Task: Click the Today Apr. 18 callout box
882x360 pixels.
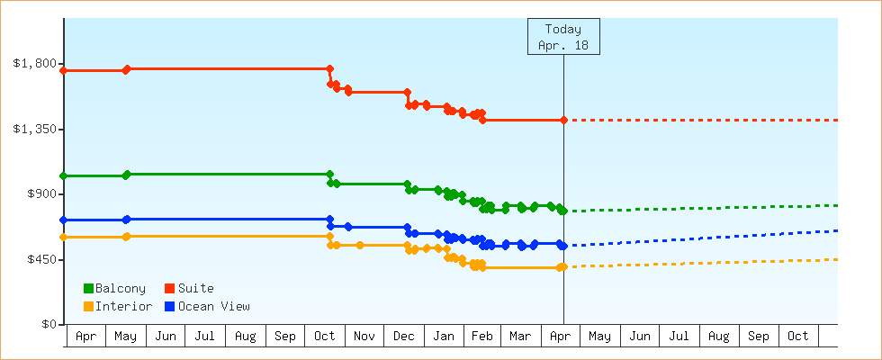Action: click(x=563, y=37)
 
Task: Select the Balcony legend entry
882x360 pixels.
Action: click(x=114, y=288)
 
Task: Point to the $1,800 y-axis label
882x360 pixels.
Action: click(x=35, y=64)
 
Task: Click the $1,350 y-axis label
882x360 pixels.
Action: click(x=35, y=129)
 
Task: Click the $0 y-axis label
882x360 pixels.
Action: click(x=49, y=324)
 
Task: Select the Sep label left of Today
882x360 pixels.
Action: click(x=285, y=337)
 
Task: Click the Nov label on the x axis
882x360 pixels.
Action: click(x=364, y=337)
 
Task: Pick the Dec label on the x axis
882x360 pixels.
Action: click(x=404, y=337)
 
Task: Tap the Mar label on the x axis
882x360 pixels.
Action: click(x=520, y=337)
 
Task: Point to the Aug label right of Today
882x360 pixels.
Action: click(x=719, y=337)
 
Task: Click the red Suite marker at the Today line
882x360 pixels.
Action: click(x=563, y=120)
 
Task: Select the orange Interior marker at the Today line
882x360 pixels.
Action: click(x=562, y=266)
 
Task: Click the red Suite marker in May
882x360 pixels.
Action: click(x=127, y=69)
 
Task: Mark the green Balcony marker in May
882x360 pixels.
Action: click(x=127, y=175)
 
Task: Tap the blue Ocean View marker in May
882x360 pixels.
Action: click(x=127, y=220)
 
